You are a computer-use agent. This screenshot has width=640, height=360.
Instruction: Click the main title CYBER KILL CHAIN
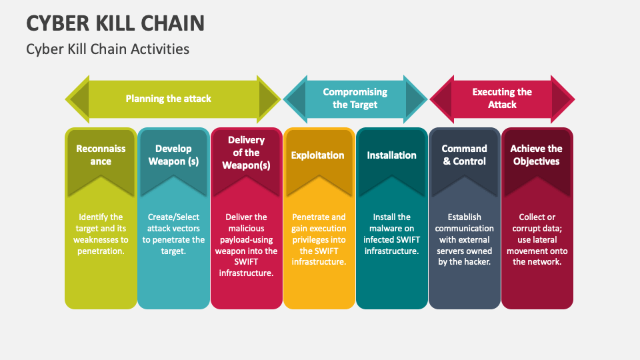click(x=115, y=23)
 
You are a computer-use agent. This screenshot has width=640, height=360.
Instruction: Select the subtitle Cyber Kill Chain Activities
click(x=108, y=49)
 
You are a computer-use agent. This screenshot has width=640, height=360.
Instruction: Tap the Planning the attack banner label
click(x=168, y=99)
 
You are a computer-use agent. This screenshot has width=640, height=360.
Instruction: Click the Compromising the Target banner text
click(x=355, y=99)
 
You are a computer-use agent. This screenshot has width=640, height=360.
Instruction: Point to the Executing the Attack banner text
click(x=502, y=99)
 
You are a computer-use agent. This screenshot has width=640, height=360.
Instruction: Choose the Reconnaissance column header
click(x=101, y=155)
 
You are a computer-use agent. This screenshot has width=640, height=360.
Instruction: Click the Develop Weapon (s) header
click(x=173, y=155)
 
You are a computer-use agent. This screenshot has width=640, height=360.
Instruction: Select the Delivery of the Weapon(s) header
click(x=246, y=153)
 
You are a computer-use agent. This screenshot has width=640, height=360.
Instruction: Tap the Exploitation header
click(x=317, y=155)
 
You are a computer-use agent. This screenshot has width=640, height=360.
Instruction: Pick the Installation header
click(x=391, y=155)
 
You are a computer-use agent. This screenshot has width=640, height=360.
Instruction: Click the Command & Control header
click(x=465, y=155)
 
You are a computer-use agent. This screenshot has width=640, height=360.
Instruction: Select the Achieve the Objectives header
click(x=536, y=155)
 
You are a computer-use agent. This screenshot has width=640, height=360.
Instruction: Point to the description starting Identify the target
click(x=101, y=234)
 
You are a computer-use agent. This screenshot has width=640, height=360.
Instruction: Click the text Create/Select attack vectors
click(x=173, y=234)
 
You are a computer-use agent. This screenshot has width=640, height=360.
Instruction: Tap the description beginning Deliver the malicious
click(x=246, y=245)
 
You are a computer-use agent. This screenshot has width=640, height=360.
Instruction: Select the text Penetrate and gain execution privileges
click(x=319, y=239)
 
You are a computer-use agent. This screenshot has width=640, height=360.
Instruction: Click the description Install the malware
click(x=391, y=234)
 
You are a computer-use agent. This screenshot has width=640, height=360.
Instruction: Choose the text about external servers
click(x=465, y=239)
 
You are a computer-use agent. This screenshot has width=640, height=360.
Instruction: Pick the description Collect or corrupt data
click(x=537, y=239)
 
